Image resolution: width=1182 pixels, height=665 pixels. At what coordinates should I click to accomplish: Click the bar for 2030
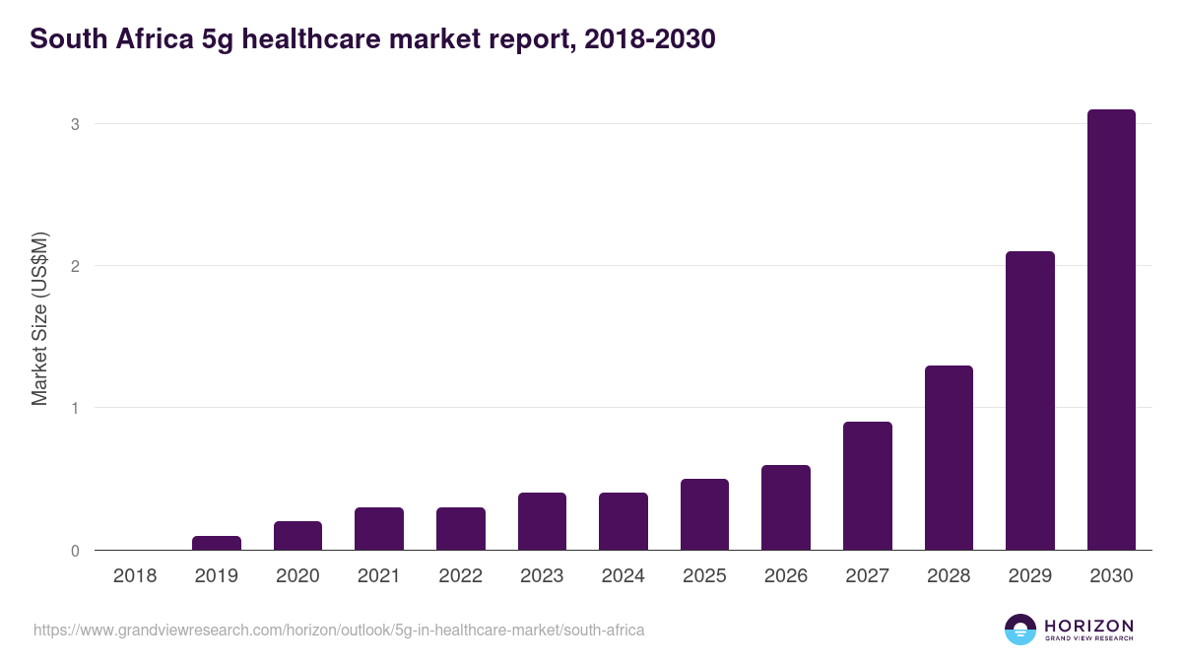(1110, 330)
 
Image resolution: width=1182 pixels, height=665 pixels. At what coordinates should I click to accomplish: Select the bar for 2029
(1029, 401)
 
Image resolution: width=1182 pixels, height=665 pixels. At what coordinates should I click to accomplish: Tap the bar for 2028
(949, 458)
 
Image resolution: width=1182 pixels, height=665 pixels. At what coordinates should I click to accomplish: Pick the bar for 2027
(867, 486)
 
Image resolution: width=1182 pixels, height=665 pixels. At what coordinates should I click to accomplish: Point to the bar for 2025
(704, 514)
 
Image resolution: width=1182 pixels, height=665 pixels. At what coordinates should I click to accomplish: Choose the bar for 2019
(216, 543)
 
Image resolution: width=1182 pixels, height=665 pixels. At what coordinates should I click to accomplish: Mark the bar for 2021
(379, 529)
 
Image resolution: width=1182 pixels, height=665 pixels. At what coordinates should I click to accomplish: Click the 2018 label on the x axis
(135, 576)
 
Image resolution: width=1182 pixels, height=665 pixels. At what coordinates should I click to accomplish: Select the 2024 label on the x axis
(623, 576)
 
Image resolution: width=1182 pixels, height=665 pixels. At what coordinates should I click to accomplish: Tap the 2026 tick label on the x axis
(785, 576)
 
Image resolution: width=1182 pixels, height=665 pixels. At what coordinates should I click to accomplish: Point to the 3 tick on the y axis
(74, 124)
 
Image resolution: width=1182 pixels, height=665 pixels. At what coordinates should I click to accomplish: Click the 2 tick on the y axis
(74, 266)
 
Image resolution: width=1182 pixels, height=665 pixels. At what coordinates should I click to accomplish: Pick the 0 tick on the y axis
(74, 551)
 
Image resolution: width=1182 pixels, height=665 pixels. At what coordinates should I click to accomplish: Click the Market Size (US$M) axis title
(39, 319)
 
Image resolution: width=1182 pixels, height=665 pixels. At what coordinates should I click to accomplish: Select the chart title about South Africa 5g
(372, 40)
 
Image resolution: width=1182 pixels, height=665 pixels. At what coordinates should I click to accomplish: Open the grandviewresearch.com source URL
(339, 630)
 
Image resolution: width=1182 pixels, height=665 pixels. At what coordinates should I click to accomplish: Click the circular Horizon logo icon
(1020, 630)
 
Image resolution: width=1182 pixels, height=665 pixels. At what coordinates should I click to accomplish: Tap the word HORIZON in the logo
(1089, 626)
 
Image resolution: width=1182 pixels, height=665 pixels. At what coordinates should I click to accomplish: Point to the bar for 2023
(542, 521)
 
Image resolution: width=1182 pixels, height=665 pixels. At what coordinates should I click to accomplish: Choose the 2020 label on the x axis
(297, 576)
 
